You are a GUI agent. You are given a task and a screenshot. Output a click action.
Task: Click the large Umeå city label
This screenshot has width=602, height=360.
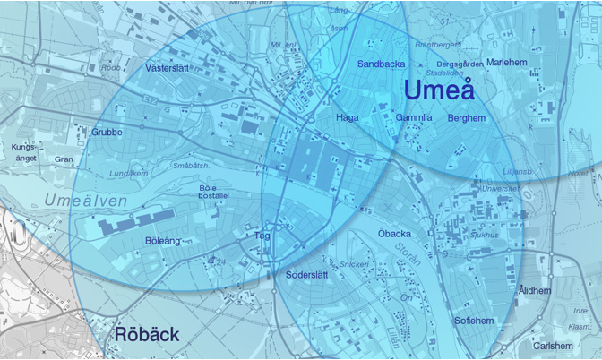pos(438,90)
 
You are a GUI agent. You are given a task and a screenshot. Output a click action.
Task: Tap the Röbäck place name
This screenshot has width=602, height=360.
pos(147,335)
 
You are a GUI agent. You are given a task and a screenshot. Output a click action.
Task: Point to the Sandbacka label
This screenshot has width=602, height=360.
pos(382,64)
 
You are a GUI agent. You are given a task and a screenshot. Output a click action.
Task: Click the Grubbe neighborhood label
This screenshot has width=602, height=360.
pos(107,132)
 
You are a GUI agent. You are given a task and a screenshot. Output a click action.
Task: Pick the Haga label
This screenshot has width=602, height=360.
pos(347,117)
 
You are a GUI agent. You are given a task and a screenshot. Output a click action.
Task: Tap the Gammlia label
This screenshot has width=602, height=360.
pos(414,117)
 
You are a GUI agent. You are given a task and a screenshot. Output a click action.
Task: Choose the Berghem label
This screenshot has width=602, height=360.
pos(466,117)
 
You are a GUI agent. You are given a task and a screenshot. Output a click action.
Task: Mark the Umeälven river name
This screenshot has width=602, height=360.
pos(86,201)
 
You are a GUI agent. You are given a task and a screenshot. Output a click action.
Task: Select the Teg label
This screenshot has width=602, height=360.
pos(263,236)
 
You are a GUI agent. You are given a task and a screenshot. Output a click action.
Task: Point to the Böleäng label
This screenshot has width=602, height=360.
pos(162,241)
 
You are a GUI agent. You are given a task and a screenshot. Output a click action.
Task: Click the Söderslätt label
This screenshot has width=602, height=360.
pos(309,274)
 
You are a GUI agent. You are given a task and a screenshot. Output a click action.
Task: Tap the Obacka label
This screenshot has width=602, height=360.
pos(395,234)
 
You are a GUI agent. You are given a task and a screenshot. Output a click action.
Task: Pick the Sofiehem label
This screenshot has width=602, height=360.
pos(474,320)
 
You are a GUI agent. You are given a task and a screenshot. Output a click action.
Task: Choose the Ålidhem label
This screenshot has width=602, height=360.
pos(535,290)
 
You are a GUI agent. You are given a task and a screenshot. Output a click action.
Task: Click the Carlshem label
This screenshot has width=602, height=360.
pos(552,346)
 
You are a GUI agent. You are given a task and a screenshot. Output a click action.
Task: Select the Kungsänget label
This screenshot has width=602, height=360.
pos(26,152)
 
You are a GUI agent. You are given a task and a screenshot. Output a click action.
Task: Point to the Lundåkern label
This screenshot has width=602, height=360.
pos(126,173)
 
